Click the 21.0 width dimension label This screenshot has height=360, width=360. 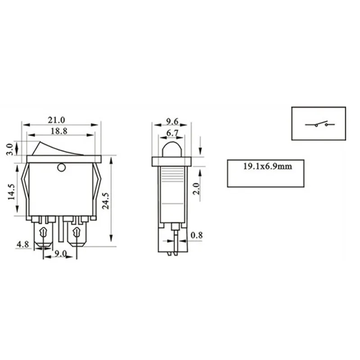pyautogui.click(x=57, y=120)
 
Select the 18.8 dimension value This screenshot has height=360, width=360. pyautogui.click(x=59, y=131)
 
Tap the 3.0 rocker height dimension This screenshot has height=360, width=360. pyautogui.click(x=9, y=149)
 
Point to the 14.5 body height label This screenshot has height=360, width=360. pyautogui.click(x=11, y=192)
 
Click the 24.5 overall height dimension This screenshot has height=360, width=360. pyautogui.click(x=105, y=201)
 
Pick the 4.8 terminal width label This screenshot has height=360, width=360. pyautogui.click(x=23, y=244)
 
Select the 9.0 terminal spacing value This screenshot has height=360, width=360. pyautogui.click(x=61, y=253)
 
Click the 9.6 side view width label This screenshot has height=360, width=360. pyautogui.click(x=172, y=121)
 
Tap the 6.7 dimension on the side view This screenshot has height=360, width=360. pyautogui.click(x=172, y=133)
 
